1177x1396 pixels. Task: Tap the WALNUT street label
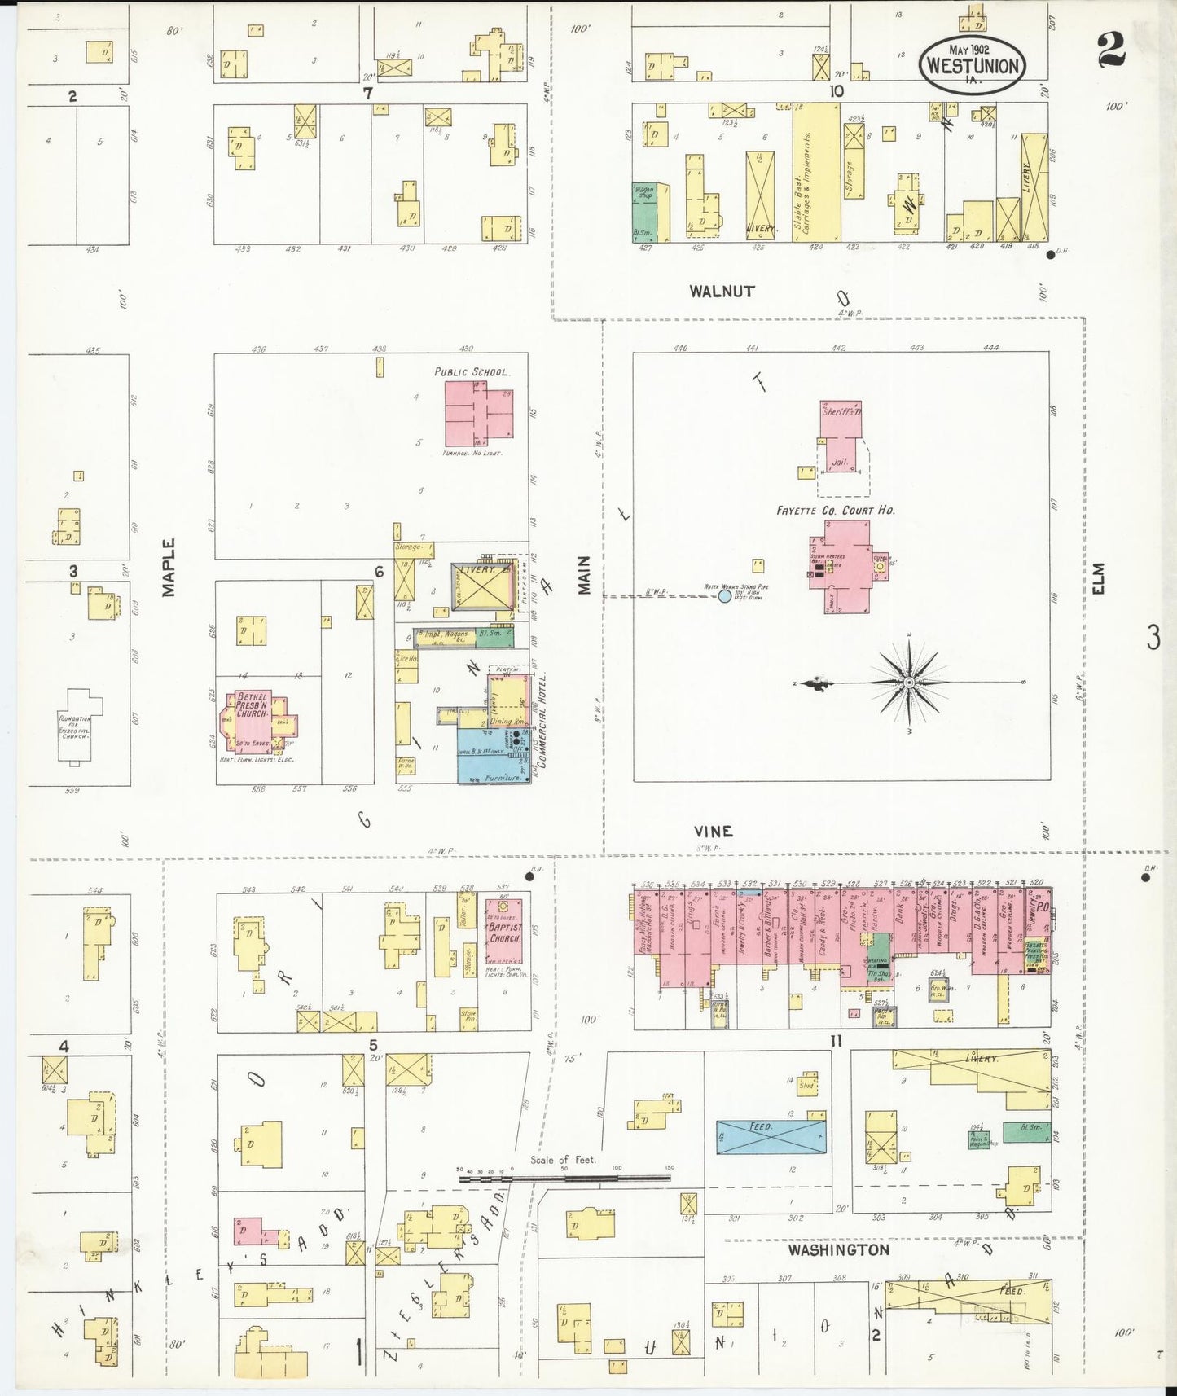[x=722, y=291]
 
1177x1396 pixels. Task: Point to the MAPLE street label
[x=169, y=567]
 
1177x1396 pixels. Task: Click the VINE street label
[x=713, y=831]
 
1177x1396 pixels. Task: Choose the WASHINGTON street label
[x=838, y=1249]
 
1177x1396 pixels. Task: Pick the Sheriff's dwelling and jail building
[x=840, y=445]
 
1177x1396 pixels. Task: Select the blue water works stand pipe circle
[x=725, y=596]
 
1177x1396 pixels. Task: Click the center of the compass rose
[x=909, y=682]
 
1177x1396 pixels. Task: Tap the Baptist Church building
[x=504, y=933]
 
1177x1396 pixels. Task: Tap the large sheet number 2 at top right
[x=1111, y=49]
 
